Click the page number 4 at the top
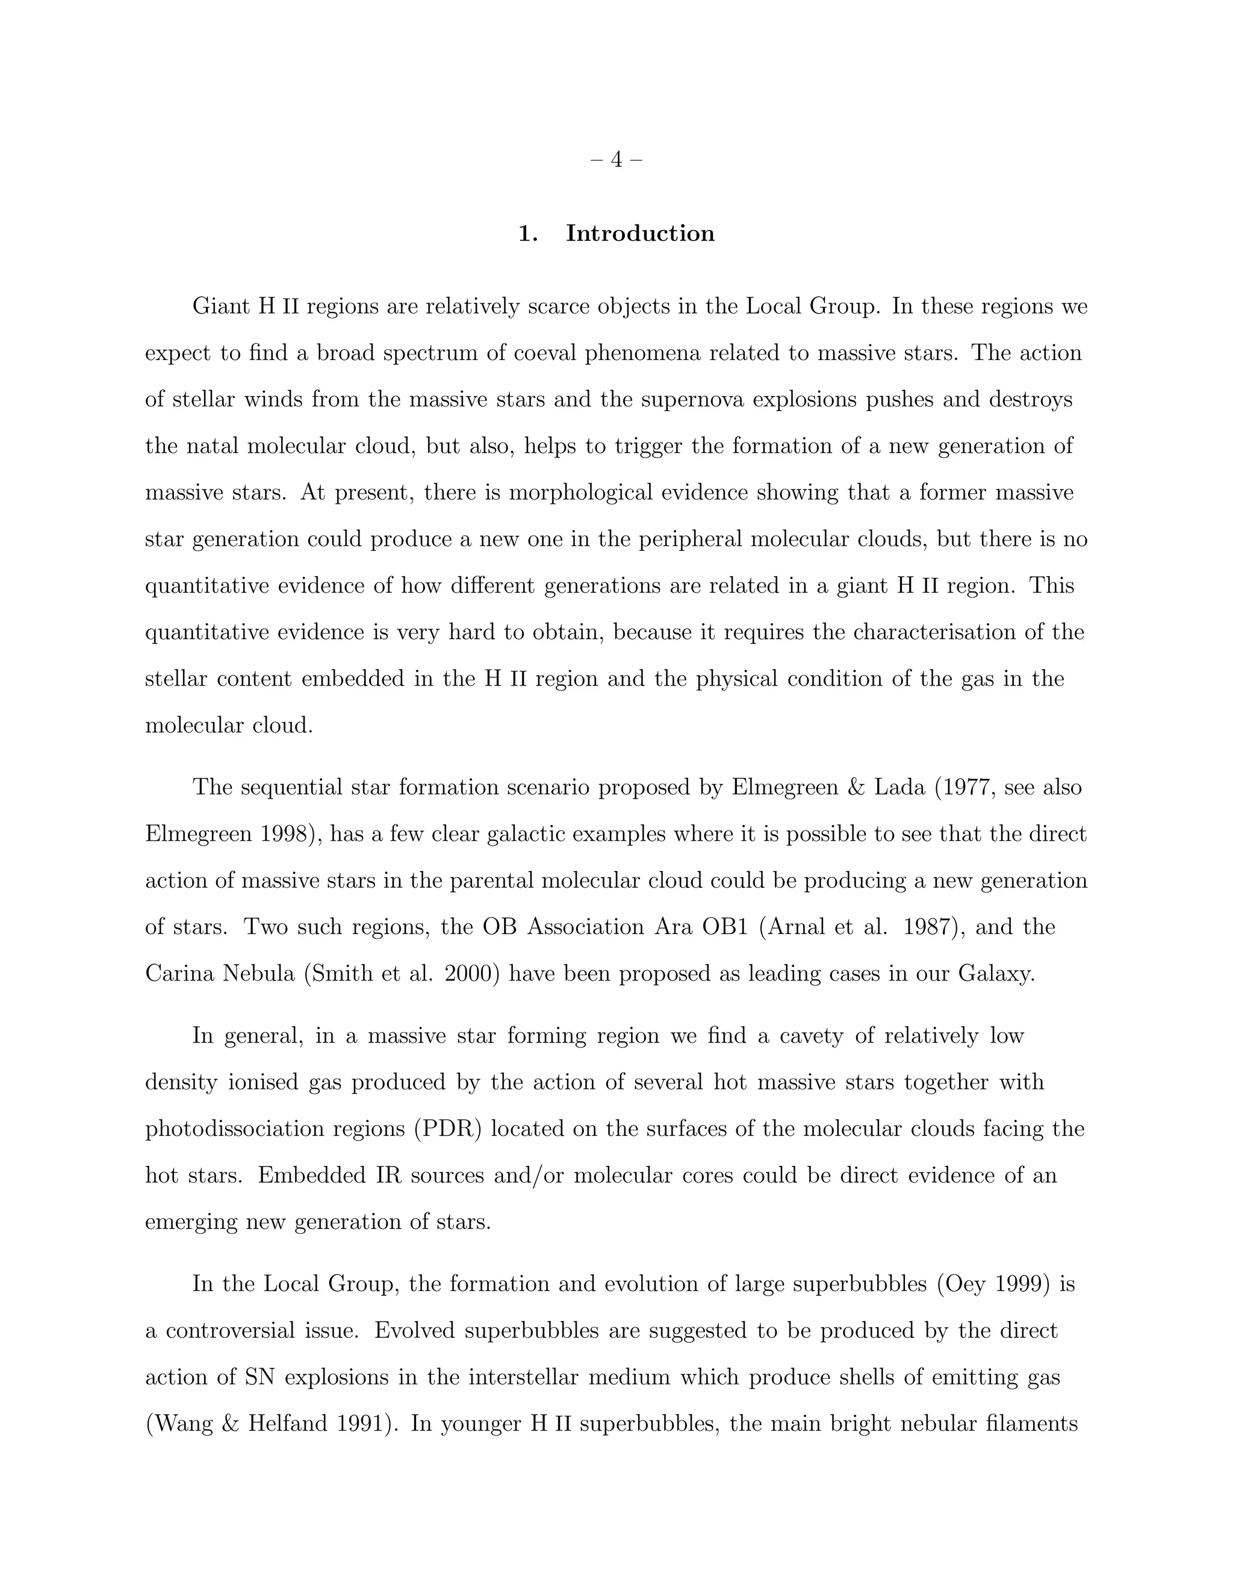click(616, 159)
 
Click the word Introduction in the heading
click(640, 234)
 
